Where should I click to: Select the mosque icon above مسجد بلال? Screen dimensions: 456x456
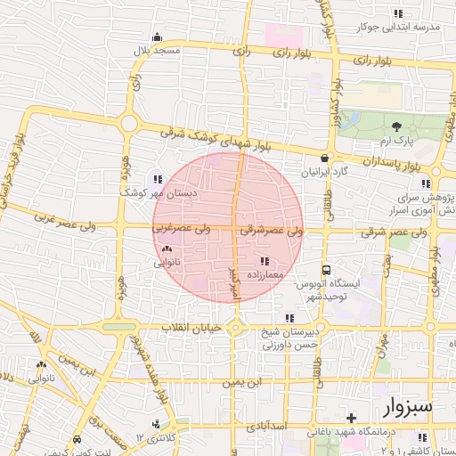coord(158,37)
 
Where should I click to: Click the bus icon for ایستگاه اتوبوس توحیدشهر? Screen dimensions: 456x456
coord(326,269)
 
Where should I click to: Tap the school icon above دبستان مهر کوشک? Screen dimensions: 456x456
coord(159,178)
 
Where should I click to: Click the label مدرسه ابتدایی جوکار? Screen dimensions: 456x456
coord(398,28)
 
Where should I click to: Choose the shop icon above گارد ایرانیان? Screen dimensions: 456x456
coord(324,158)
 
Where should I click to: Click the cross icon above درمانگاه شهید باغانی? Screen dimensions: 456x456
coord(351,418)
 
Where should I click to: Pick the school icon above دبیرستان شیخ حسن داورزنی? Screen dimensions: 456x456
coord(289,318)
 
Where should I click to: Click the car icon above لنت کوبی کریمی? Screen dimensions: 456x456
coord(77,439)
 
